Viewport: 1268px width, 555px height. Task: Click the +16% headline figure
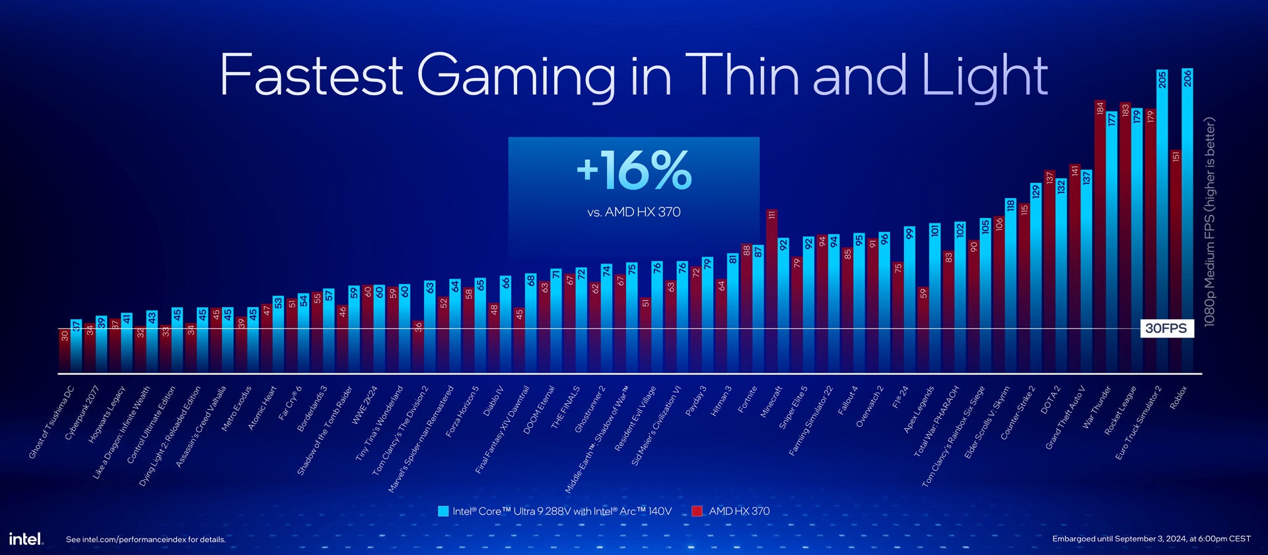point(634,170)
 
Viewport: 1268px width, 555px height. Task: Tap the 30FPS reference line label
point(1166,328)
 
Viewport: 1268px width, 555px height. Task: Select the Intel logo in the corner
point(26,538)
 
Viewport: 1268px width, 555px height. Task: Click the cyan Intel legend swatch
point(443,511)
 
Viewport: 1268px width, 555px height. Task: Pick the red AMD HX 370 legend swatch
point(697,511)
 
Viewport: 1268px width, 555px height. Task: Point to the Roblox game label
point(1179,398)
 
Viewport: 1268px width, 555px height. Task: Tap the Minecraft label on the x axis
point(771,401)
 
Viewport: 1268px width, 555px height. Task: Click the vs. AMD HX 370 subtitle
point(634,212)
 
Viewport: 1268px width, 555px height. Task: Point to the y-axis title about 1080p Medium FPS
point(1210,221)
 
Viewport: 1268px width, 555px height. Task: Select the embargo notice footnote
point(1151,538)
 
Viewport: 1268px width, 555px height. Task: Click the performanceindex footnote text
point(146,539)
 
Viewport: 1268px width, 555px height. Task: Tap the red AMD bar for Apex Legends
point(923,330)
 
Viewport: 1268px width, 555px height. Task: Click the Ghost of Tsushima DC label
point(52,423)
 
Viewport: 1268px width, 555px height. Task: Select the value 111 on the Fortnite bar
point(771,215)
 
